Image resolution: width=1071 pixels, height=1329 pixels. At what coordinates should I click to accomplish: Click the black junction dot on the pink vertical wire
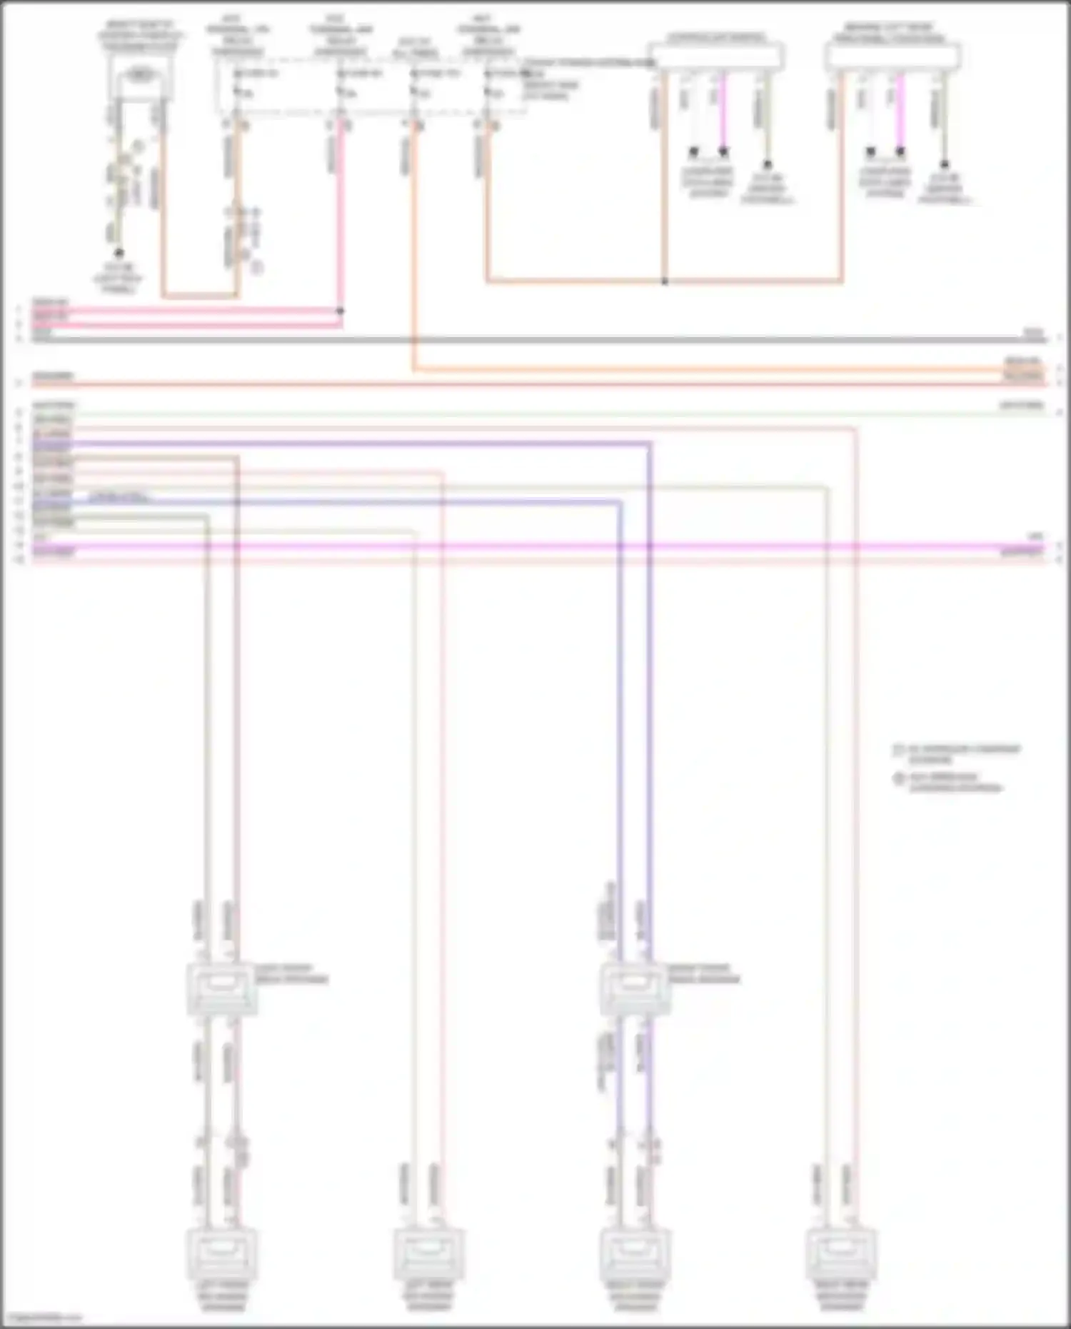(341, 311)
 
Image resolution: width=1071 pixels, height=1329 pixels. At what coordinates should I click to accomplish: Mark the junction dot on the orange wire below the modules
(664, 281)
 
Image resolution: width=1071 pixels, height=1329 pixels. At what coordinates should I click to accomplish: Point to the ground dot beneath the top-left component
(119, 253)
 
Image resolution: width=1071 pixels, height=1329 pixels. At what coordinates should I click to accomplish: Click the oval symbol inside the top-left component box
(141, 74)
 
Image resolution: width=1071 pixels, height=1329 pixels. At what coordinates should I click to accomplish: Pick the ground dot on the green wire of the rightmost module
(944, 165)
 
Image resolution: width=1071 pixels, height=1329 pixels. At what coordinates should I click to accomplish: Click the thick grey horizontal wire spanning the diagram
(535, 339)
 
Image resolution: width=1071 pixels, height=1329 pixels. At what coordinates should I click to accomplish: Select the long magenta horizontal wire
(535, 547)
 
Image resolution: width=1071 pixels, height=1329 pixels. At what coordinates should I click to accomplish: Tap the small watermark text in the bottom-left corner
(41, 1318)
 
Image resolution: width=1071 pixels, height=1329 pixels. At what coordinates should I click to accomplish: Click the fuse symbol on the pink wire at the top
(341, 93)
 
